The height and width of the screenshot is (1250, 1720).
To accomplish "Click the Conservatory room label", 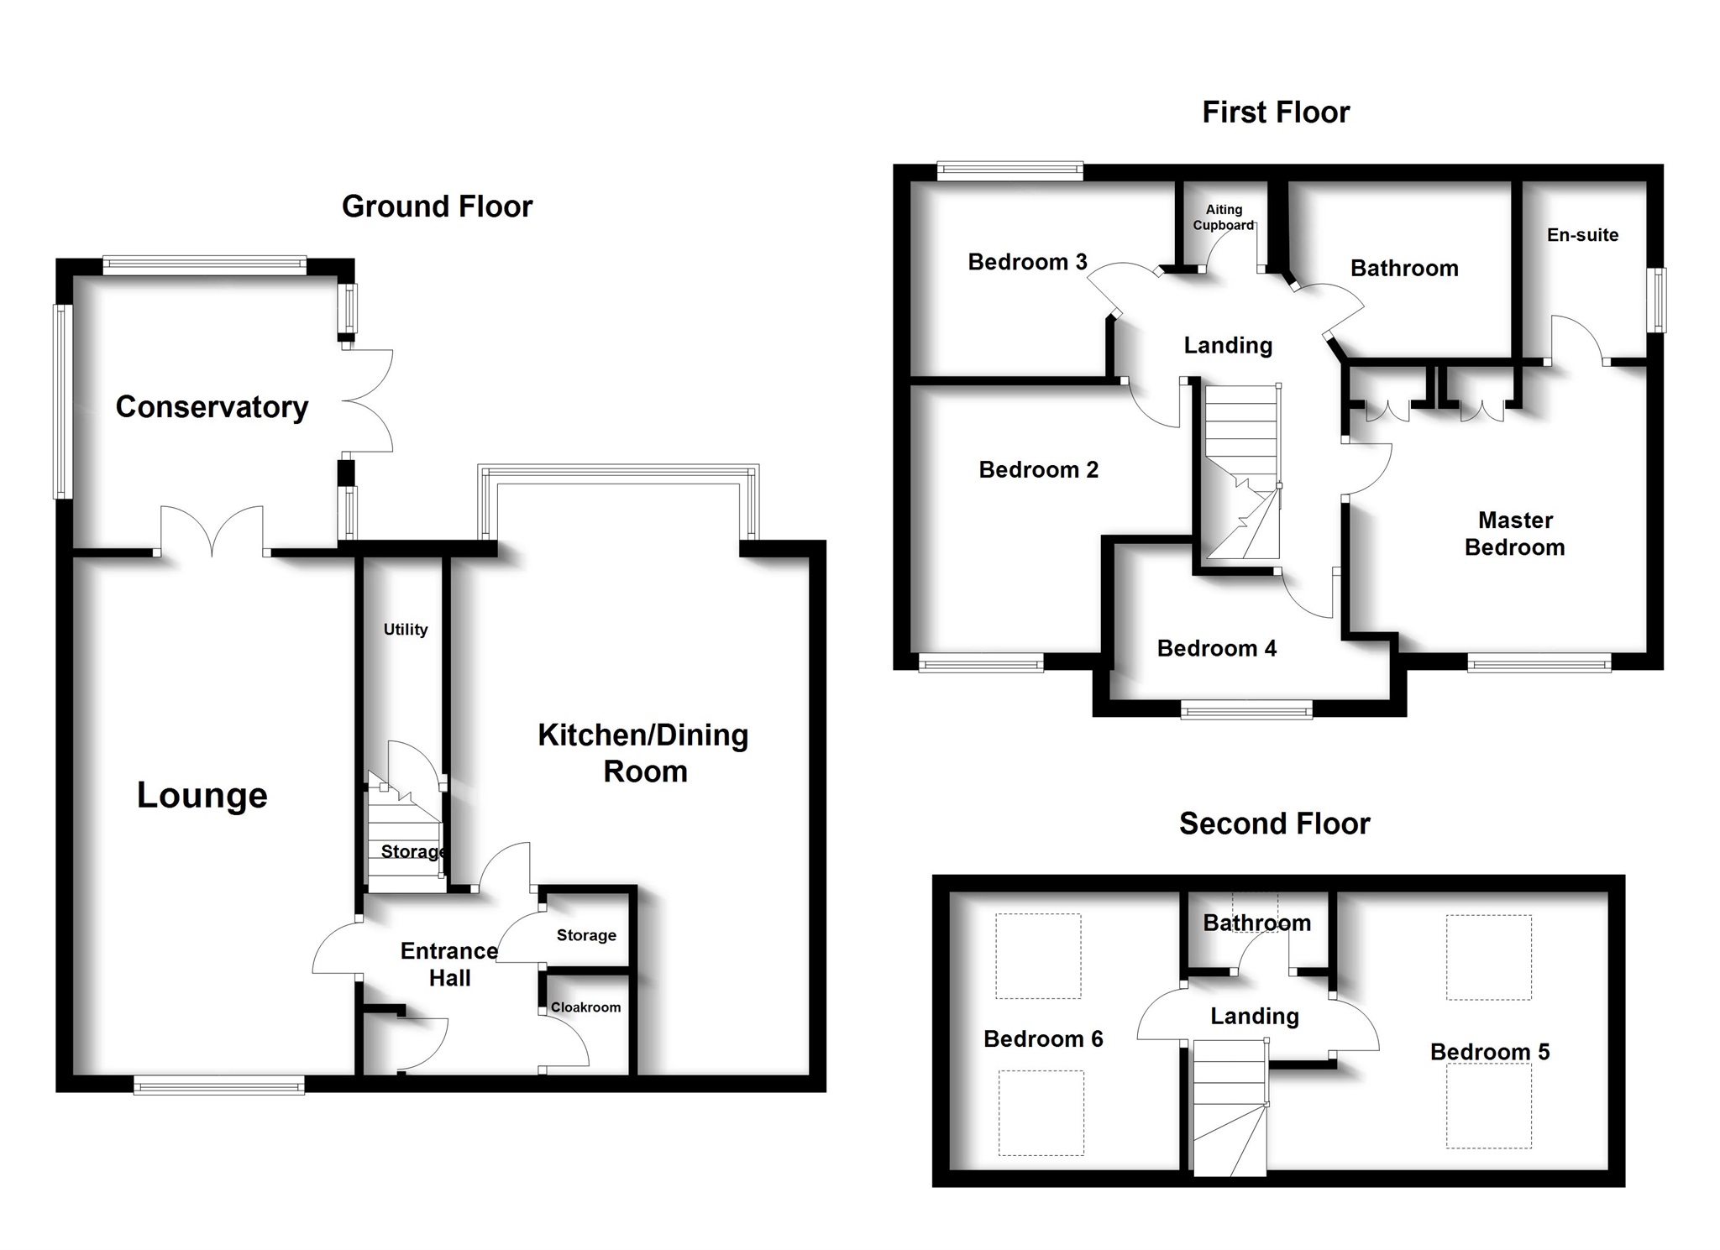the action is (x=212, y=407).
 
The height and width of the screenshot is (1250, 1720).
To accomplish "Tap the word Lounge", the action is (x=202, y=795).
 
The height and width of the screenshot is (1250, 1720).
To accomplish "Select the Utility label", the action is (x=406, y=630).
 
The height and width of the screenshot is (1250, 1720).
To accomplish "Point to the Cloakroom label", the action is (x=585, y=1007).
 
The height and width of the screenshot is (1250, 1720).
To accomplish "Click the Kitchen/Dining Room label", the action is (x=643, y=753).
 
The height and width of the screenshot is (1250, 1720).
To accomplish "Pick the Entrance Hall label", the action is (x=449, y=965).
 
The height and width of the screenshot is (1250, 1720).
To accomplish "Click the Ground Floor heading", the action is (x=437, y=207).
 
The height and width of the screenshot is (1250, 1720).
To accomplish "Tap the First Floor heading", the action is (x=1276, y=112).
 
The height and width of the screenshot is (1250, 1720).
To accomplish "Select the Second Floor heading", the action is (x=1274, y=824).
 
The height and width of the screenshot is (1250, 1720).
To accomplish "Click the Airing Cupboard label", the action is (x=1223, y=217).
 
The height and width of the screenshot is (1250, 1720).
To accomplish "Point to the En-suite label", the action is (x=1582, y=235).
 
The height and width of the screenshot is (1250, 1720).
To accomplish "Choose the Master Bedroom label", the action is (x=1515, y=534).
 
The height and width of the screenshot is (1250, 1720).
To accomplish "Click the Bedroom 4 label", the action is (x=1216, y=648).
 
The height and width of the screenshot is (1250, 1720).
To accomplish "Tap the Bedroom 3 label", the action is (x=1027, y=262).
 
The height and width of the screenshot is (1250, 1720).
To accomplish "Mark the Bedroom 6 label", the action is (x=1043, y=1039).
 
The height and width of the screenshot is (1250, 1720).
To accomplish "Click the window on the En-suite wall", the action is (x=1658, y=300).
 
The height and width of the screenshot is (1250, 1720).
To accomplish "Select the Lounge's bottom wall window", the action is (x=218, y=1086).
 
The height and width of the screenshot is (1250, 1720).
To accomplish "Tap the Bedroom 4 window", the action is (x=1246, y=711).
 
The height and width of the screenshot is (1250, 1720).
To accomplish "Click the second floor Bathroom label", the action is (x=1256, y=923).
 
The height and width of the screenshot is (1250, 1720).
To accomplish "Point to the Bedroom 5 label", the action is (x=1490, y=1052).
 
